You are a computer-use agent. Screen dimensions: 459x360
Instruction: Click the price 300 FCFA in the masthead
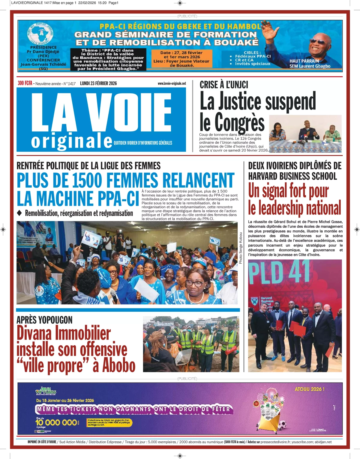click(25, 83)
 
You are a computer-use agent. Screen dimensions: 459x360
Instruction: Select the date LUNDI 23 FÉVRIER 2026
click(98, 83)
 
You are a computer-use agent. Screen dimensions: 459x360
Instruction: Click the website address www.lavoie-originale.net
click(172, 83)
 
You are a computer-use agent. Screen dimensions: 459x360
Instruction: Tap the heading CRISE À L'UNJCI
click(224, 85)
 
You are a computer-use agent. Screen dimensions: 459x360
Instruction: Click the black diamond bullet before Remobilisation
click(19, 213)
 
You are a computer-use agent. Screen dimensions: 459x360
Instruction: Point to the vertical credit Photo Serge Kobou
click(241, 248)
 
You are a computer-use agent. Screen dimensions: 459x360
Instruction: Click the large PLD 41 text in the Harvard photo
click(279, 272)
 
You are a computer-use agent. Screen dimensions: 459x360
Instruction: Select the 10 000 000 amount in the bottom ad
click(56, 422)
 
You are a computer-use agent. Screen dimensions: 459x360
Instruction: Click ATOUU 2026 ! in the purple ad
click(309, 389)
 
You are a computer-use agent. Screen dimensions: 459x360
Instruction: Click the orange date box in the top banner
click(181, 58)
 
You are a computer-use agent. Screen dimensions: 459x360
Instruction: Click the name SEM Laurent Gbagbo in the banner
click(310, 66)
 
